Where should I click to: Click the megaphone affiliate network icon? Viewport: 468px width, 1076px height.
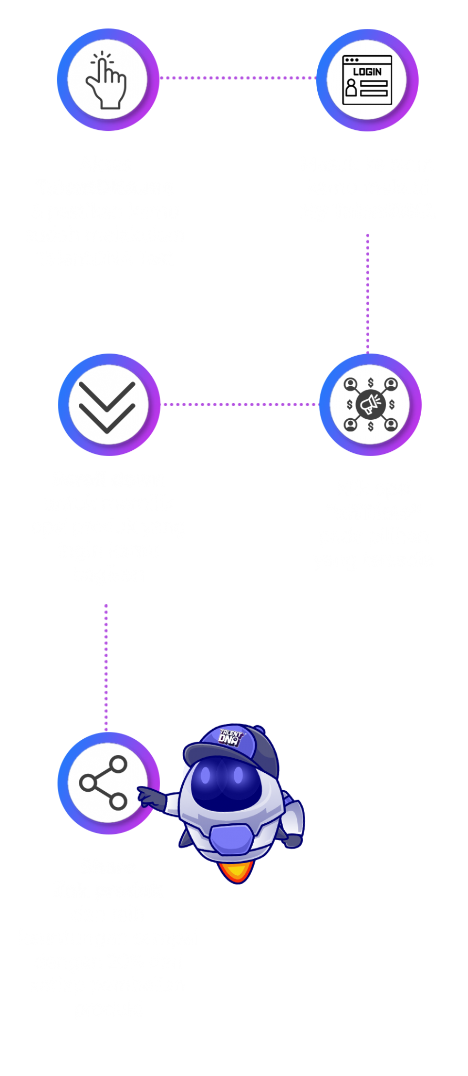pos(370,405)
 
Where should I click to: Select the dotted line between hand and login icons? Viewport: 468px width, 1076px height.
pos(237,78)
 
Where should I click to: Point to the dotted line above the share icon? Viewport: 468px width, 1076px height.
pos(106,667)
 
